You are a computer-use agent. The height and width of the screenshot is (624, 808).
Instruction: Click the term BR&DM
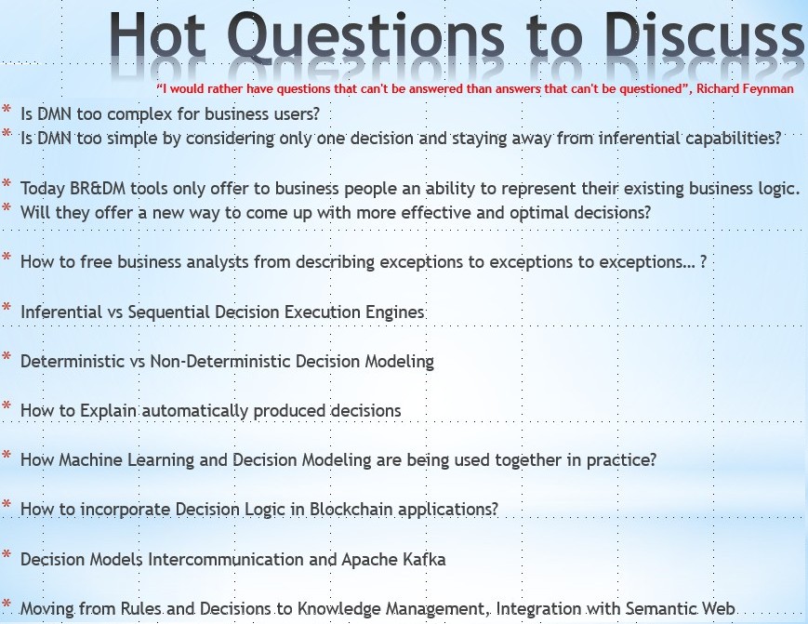(98, 188)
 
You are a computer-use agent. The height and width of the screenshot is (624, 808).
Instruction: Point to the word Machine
(91, 459)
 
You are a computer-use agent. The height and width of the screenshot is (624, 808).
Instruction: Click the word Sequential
(168, 312)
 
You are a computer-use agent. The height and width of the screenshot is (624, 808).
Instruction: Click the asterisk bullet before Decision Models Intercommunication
(7, 555)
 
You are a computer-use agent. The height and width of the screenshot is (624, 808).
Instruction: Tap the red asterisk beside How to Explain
(7, 406)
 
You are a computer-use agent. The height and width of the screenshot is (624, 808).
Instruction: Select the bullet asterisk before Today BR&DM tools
(7, 184)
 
